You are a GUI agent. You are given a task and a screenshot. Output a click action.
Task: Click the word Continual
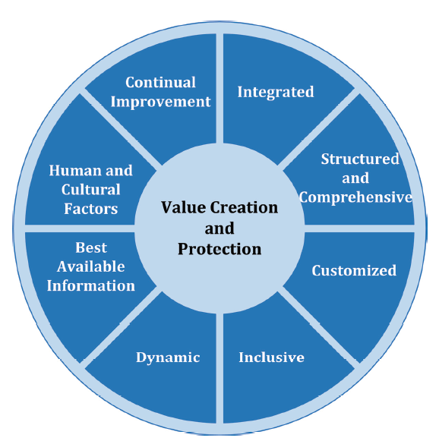click(x=160, y=83)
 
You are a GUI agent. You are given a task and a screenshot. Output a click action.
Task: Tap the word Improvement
click(x=160, y=102)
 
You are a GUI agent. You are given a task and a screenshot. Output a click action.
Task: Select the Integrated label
click(x=276, y=93)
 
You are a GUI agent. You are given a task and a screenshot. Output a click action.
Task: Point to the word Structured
click(x=360, y=159)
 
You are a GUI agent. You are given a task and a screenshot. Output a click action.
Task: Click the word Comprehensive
click(x=355, y=197)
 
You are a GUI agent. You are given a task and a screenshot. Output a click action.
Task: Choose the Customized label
click(x=354, y=270)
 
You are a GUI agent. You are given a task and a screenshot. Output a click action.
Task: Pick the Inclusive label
click(x=271, y=358)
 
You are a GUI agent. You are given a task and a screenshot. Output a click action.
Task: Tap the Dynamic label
click(x=168, y=358)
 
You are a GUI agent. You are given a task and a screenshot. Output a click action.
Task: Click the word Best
click(x=91, y=247)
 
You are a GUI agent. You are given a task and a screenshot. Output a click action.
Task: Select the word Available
click(x=91, y=266)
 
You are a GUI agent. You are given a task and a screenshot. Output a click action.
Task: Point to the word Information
click(x=91, y=285)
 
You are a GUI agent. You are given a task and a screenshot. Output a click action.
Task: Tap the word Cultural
click(x=90, y=190)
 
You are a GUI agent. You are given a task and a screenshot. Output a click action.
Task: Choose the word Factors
click(x=90, y=209)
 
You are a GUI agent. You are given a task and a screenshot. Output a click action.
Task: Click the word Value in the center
click(x=183, y=207)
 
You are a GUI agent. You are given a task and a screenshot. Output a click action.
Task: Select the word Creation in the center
click(x=244, y=207)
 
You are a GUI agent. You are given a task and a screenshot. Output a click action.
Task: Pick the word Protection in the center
click(x=219, y=250)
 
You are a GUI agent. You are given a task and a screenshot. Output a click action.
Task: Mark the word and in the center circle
click(x=219, y=228)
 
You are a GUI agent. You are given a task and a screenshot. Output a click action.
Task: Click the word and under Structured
click(x=355, y=178)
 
